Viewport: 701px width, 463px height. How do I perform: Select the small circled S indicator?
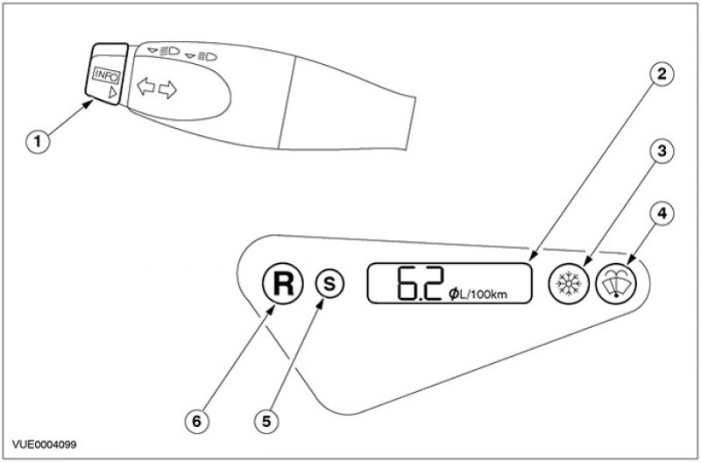coord(332,284)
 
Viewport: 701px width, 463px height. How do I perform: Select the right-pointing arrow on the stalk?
coord(168,88)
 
